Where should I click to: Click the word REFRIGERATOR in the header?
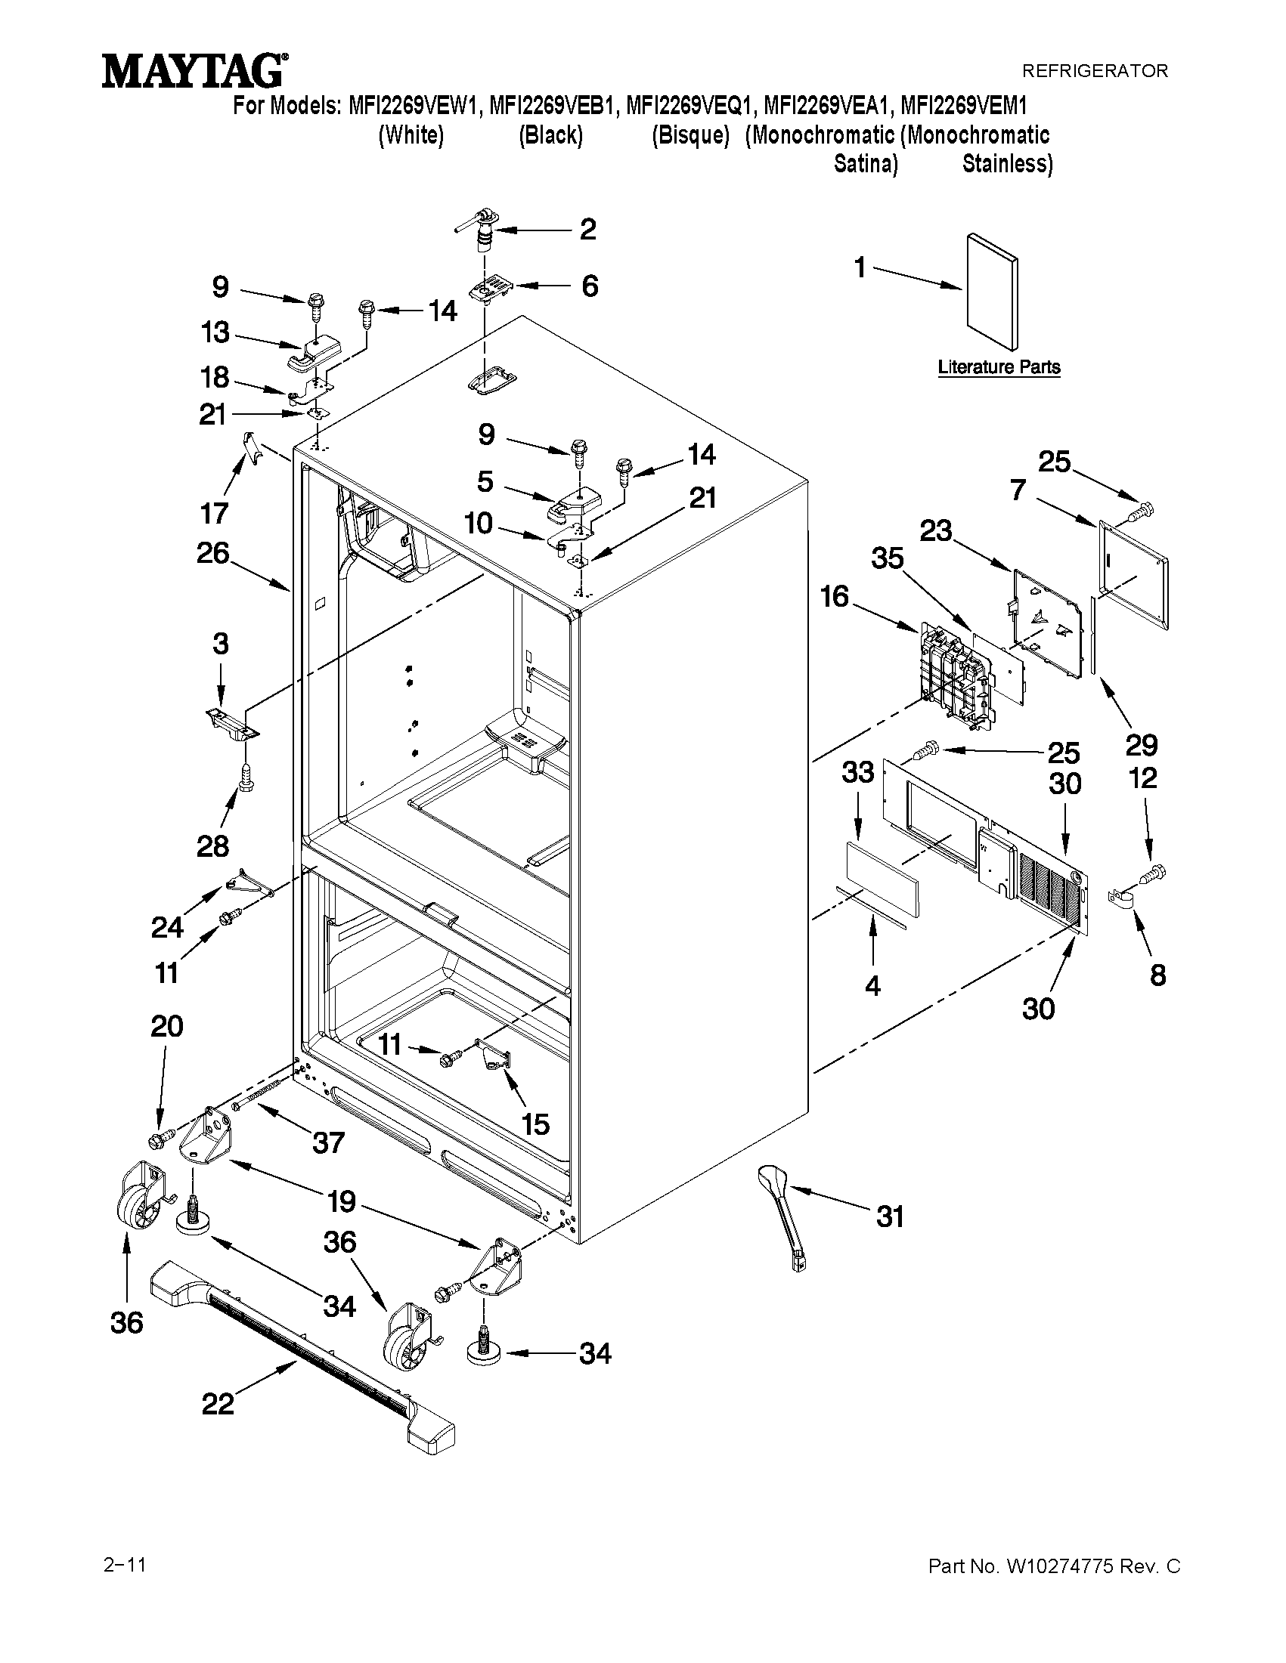click(1094, 71)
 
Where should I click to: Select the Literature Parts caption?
click(998, 367)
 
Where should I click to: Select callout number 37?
click(327, 1142)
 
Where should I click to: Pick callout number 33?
click(858, 772)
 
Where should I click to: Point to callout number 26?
click(212, 553)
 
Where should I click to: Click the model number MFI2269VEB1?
click(552, 105)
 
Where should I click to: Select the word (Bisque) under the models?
click(690, 135)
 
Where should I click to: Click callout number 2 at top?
click(587, 229)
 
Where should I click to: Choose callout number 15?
click(535, 1124)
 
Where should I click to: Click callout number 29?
click(1142, 744)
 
